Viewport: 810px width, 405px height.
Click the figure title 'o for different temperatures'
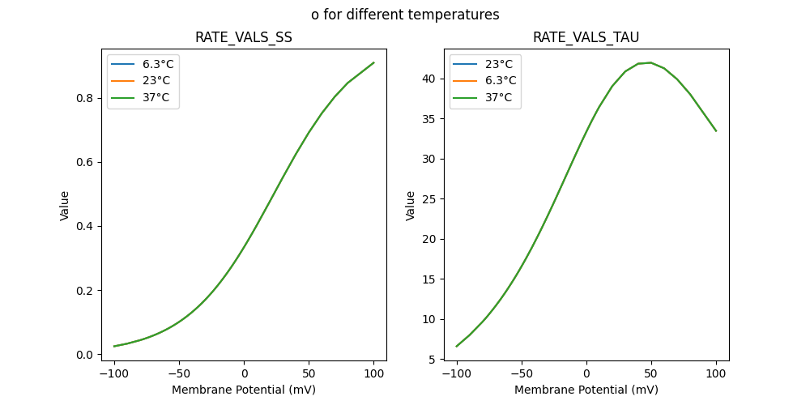click(x=405, y=15)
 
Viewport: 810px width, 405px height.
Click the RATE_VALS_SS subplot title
click(x=244, y=38)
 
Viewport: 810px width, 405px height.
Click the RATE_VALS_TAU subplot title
click(x=586, y=38)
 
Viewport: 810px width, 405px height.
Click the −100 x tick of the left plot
click(x=114, y=374)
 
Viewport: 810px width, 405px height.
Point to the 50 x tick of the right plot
click(x=651, y=374)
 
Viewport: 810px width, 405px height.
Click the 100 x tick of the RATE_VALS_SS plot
click(x=373, y=374)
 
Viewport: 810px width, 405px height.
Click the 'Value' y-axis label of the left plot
click(x=65, y=206)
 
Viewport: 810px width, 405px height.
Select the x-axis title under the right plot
click(x=586, y=390)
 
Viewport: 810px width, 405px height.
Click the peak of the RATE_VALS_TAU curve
click(x=650, y=62)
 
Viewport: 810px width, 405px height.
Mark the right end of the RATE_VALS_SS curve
click(x=373, y=62)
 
